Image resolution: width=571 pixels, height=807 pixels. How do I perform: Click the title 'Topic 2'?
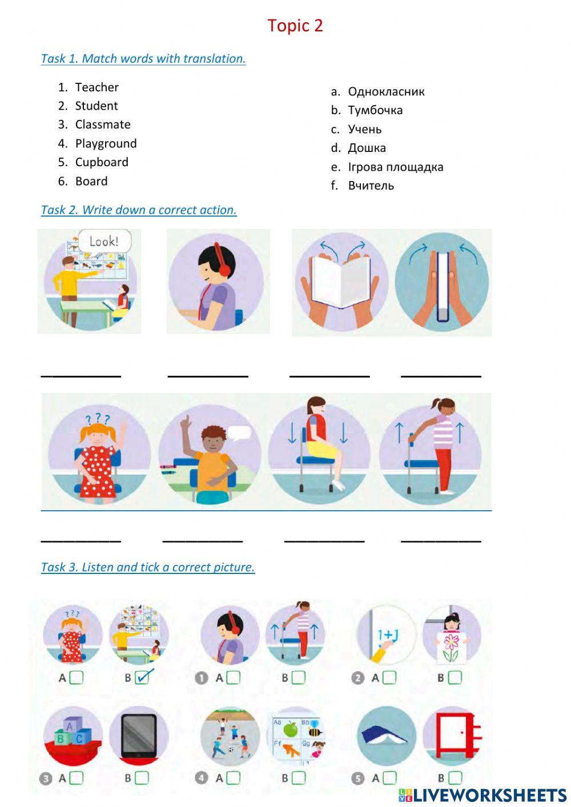(x=295, y=26)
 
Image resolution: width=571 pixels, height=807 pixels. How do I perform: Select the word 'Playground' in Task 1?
(x=106, y=143)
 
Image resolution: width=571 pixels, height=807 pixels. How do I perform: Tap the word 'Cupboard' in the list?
(x=102, y=162)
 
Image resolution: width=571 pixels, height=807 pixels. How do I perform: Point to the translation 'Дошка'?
(x=367, y=148)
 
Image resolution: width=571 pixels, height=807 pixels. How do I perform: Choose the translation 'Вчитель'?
(x=371, y=186)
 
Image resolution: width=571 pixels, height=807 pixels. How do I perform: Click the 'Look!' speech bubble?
(x=104, y=242)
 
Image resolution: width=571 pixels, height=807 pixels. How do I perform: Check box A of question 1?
(x=233, y=678)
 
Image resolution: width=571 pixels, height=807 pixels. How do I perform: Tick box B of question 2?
(x=455, y=678)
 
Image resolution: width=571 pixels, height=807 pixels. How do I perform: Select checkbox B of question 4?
(x=298, y=778)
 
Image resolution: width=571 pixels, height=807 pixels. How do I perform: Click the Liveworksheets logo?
(x=482, y=796)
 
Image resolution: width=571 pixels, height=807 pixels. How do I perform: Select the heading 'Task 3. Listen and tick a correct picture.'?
(x=148, y=567)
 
